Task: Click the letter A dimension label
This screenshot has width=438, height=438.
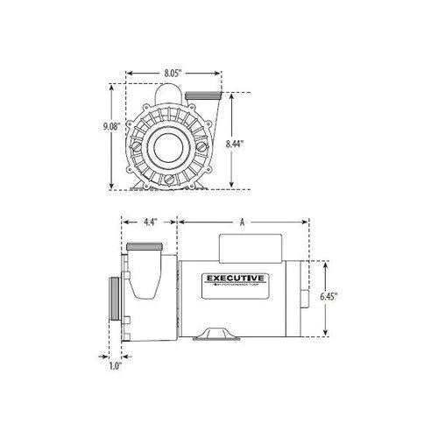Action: tap(242, 223)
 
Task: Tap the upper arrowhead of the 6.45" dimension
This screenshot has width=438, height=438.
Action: tap(325, 262)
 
